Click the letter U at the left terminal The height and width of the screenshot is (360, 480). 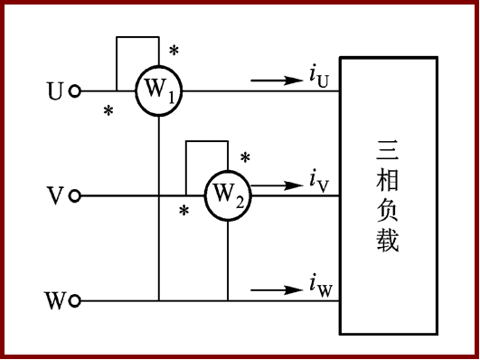pos(55,91)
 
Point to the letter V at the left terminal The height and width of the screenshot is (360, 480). pos(55,195)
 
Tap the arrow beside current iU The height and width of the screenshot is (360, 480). pos(278,81)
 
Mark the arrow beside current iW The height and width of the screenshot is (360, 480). pos(278,290)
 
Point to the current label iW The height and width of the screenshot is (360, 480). pos(320,287)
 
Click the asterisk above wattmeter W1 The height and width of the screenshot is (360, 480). pos(174,50)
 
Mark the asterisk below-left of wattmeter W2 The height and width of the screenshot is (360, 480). pos(184,212)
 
